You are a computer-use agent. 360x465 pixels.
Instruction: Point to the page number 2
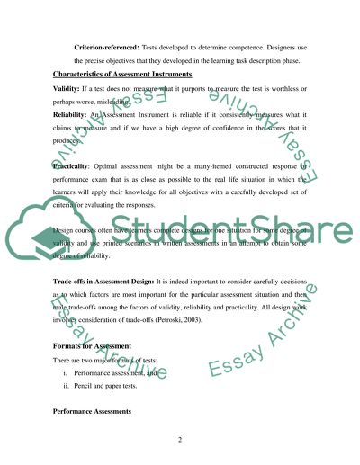point(180,441)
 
